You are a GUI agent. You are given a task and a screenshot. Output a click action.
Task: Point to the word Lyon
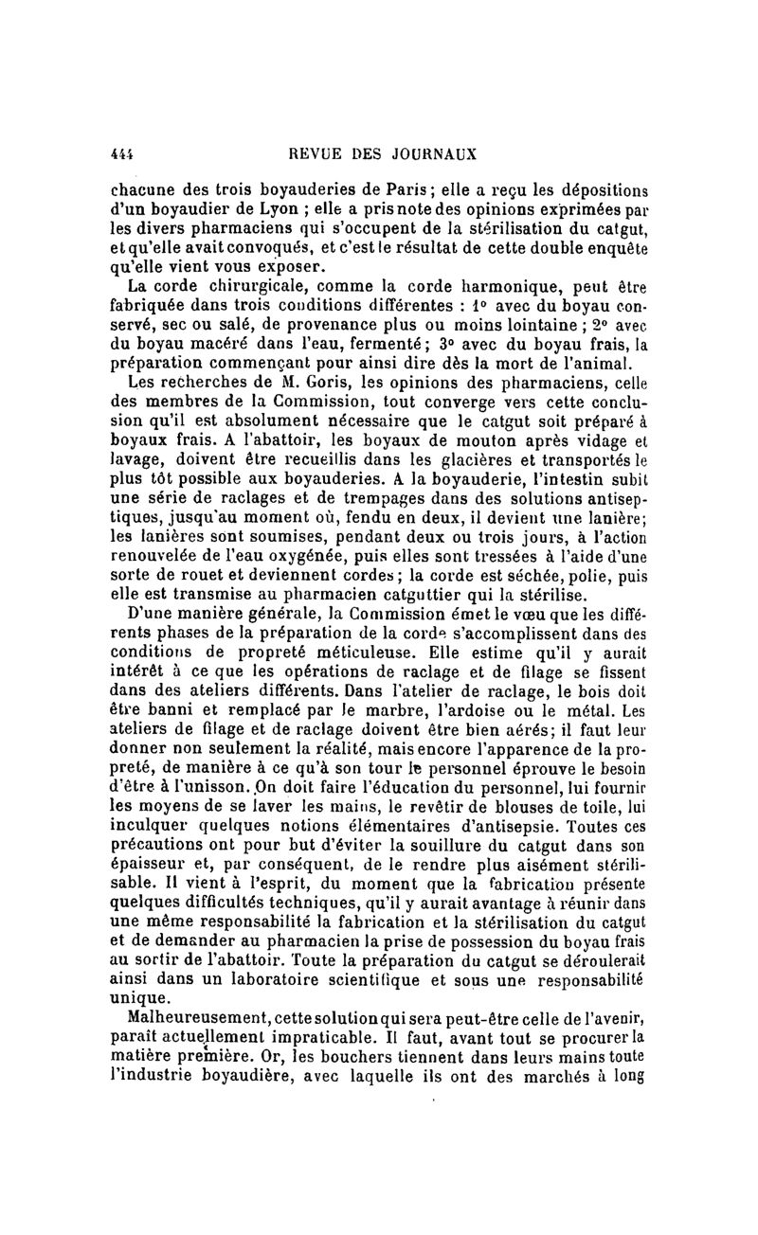click(x=264, y=201)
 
